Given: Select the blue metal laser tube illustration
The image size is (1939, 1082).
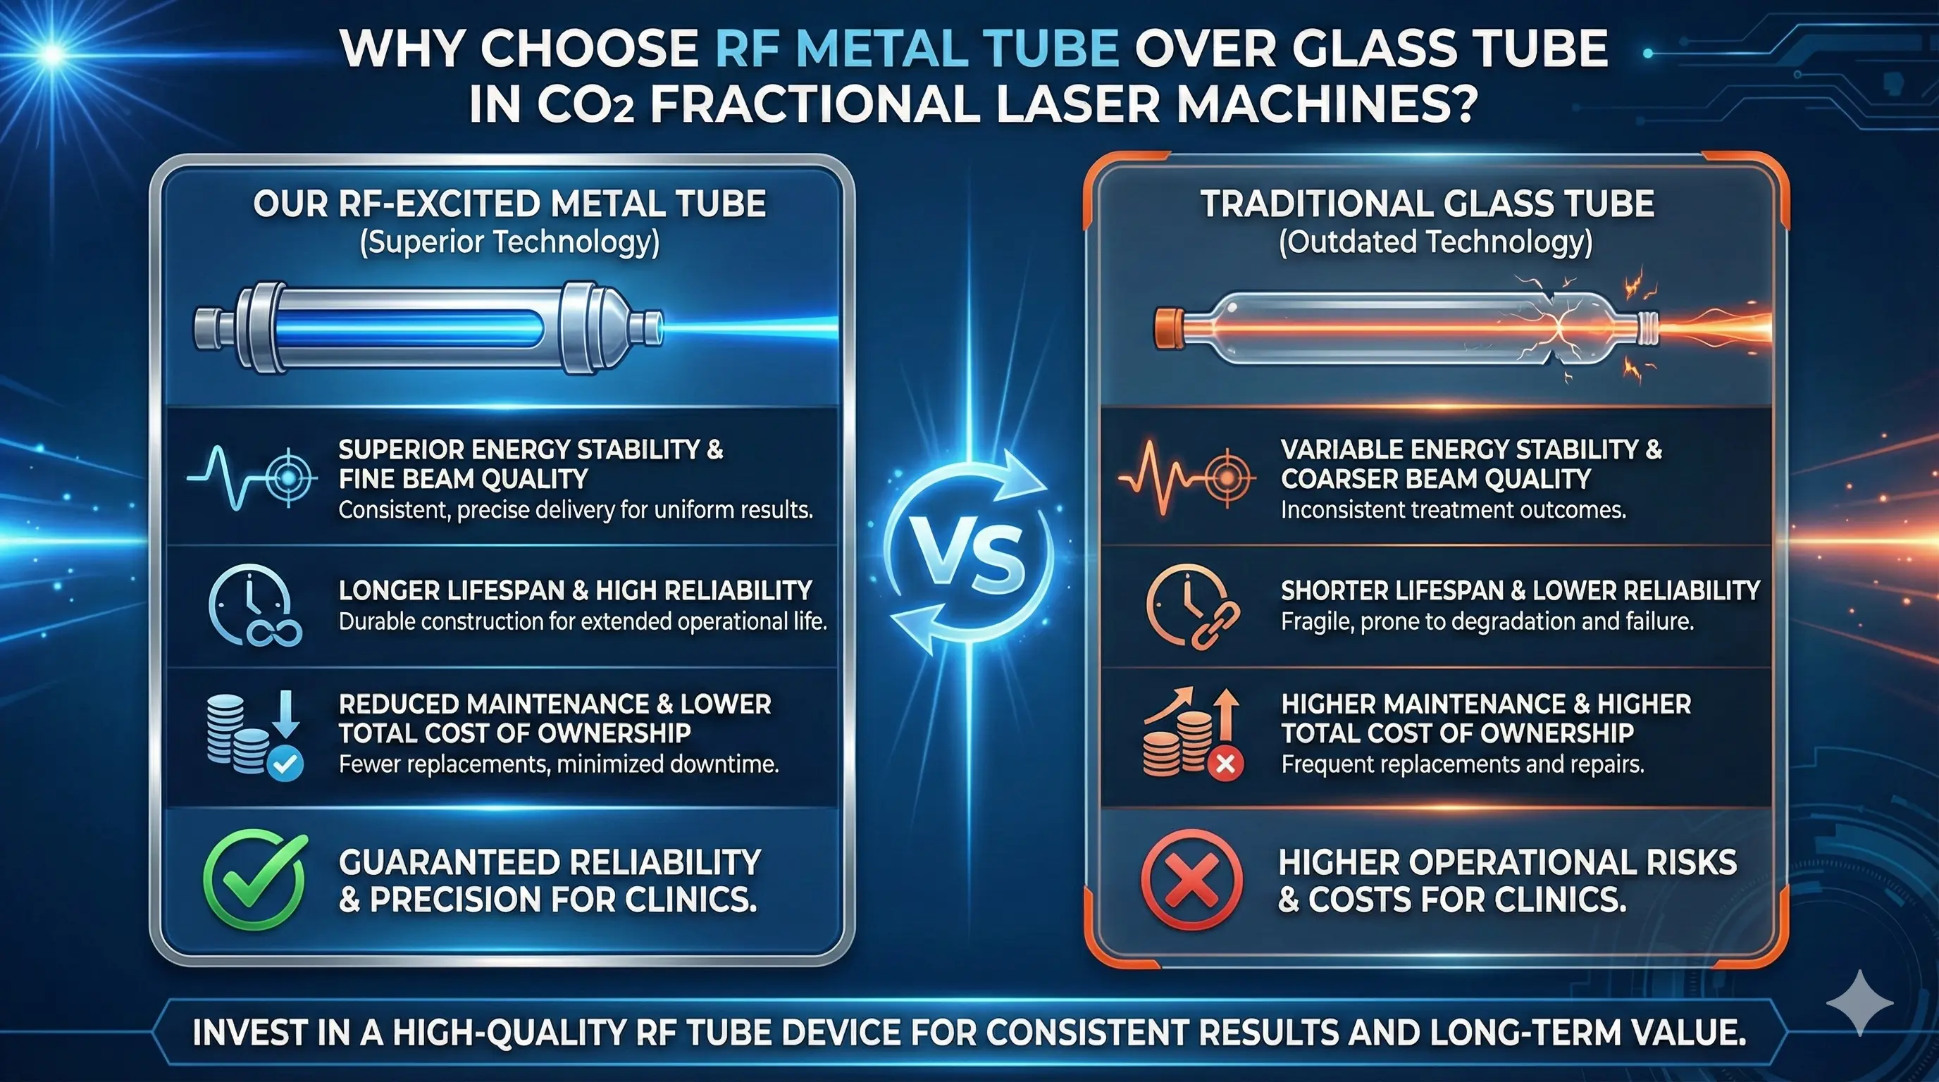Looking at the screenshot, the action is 429,328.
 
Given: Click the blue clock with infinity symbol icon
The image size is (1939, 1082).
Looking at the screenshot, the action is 254,606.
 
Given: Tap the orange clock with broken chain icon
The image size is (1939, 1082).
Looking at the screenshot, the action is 1192,607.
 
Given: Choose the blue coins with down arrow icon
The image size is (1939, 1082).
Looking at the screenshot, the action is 254,733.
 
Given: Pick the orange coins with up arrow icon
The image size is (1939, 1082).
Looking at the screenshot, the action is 1192,733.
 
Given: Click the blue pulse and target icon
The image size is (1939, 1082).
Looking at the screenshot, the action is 252,478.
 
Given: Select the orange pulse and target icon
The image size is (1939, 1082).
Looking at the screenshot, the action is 1187,478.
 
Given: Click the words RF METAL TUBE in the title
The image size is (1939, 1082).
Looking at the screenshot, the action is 917,48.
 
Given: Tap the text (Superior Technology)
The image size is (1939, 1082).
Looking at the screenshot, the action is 509,243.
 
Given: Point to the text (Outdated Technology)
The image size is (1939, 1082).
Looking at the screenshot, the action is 1436,243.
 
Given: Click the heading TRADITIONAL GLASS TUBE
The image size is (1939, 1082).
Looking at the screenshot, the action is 1427,204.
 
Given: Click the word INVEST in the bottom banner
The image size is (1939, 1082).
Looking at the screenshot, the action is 250,1033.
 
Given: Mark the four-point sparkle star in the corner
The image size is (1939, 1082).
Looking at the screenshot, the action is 1859,1003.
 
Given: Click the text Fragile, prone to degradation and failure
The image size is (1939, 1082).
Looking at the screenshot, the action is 1487,621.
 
